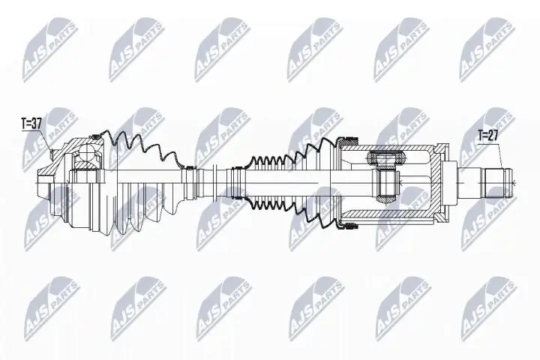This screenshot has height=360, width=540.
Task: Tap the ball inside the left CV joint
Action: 89,155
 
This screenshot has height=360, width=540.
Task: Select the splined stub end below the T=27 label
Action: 496,180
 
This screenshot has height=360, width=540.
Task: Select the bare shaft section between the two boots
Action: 217,180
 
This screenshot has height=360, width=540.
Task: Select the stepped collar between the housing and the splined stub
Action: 459,180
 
